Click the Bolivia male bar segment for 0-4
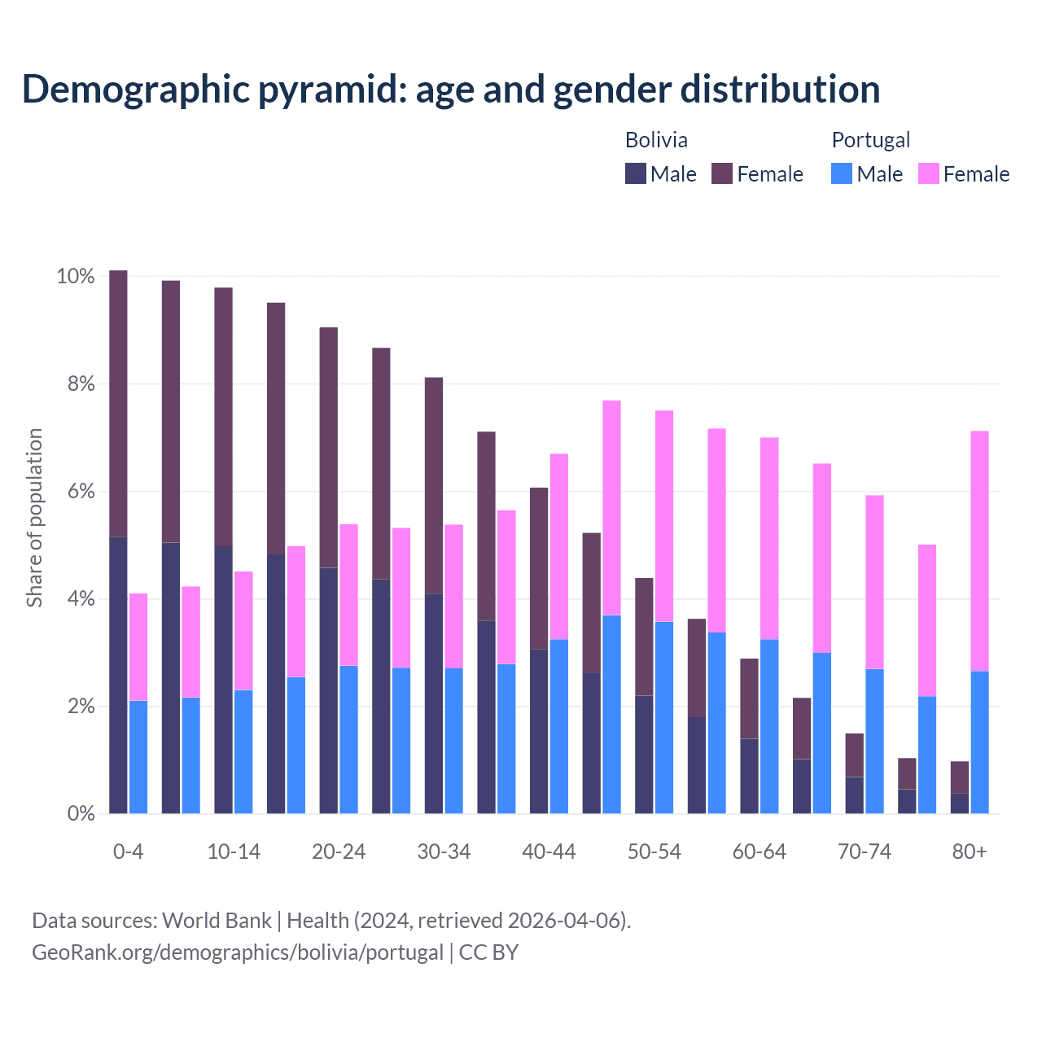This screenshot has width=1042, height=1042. click(x=118, y=675)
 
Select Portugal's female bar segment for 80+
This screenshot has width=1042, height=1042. click(x=979, y=551)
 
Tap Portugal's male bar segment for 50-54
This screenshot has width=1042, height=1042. click(x=664, y=717)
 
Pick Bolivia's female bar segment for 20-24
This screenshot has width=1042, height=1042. click(x=328, y=448)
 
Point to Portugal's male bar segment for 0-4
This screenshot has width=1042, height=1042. click(x=138, y=756)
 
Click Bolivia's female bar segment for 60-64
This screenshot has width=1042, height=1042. click(x=749, y=698)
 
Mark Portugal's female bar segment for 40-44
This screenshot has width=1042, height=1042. click(x=559, y=546)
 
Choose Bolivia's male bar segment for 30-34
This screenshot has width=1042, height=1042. click(x=434, y=703)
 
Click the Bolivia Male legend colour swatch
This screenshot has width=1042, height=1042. click(x=635, y=173)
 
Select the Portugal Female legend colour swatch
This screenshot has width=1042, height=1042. click(x=928, y=173)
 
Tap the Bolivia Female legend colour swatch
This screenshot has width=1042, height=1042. click(x=722, y=173)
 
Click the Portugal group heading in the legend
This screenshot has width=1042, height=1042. click(x=870, y=140)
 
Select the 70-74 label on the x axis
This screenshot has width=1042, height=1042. click(x=864, y=852)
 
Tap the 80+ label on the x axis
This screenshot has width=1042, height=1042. click(x=969, y=852)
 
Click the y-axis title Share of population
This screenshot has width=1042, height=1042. click(x=34, y=518)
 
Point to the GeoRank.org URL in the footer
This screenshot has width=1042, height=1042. click(x=237, y=952)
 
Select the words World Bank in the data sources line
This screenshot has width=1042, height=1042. click(x=217, y=920)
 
